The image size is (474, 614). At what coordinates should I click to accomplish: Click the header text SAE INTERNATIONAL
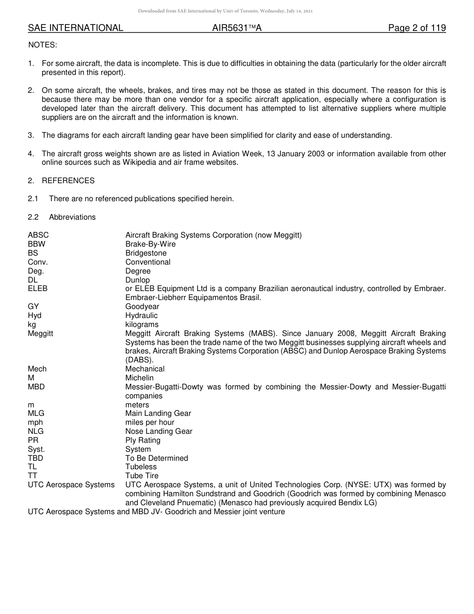pos(75,28)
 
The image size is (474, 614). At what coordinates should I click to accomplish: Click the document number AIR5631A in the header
pos(237,28)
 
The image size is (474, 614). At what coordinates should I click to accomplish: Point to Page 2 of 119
pos(417,28)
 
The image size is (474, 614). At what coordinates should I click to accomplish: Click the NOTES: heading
pos(42,45)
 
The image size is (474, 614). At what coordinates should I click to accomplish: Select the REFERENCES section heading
pos(68,180)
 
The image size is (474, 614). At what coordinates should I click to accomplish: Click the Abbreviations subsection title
pos(72,217)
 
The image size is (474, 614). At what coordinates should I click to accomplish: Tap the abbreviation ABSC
pos(38,235)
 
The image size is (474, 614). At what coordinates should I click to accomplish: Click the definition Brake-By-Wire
pos(150,244)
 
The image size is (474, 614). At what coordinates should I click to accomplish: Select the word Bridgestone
pos(146,253)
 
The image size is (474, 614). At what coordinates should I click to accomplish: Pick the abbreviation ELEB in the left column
pos(38,289)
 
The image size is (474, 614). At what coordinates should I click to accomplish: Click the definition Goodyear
pos(142,307)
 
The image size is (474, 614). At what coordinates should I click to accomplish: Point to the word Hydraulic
pos(141,315)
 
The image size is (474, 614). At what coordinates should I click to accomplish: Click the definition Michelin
pos(139,378)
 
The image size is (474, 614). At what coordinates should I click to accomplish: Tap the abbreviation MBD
pos(36,387)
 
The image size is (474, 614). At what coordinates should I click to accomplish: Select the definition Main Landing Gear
pos(158,413)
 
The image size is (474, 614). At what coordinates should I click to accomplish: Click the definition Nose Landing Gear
pos(159,431)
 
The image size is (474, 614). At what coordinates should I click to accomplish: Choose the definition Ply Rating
pos(143,440)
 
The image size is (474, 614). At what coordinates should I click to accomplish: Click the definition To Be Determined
pos(157,458)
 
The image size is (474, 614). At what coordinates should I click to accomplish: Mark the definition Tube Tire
pos(142,476)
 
